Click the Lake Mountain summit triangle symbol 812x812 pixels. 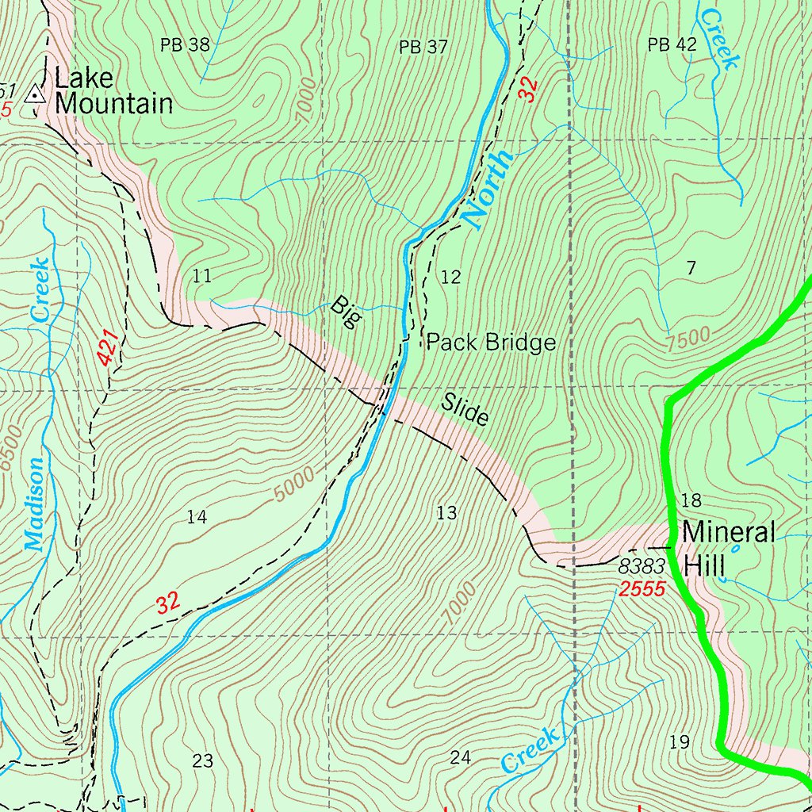tap(34, 95)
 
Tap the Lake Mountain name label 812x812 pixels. tap(113, 91)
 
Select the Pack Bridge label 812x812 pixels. tap(491, 343)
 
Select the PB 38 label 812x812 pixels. tap(185, 45)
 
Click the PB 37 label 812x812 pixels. tap(423, 47)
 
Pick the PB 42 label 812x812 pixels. tap(672, 45)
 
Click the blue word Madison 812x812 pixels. tap(34, 505)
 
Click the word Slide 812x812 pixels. tap(465, 409)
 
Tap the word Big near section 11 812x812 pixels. tap(347, 312)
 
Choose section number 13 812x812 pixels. tap(446, 513)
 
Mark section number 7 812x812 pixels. tap(691, 268)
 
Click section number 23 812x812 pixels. tap(202, 761)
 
